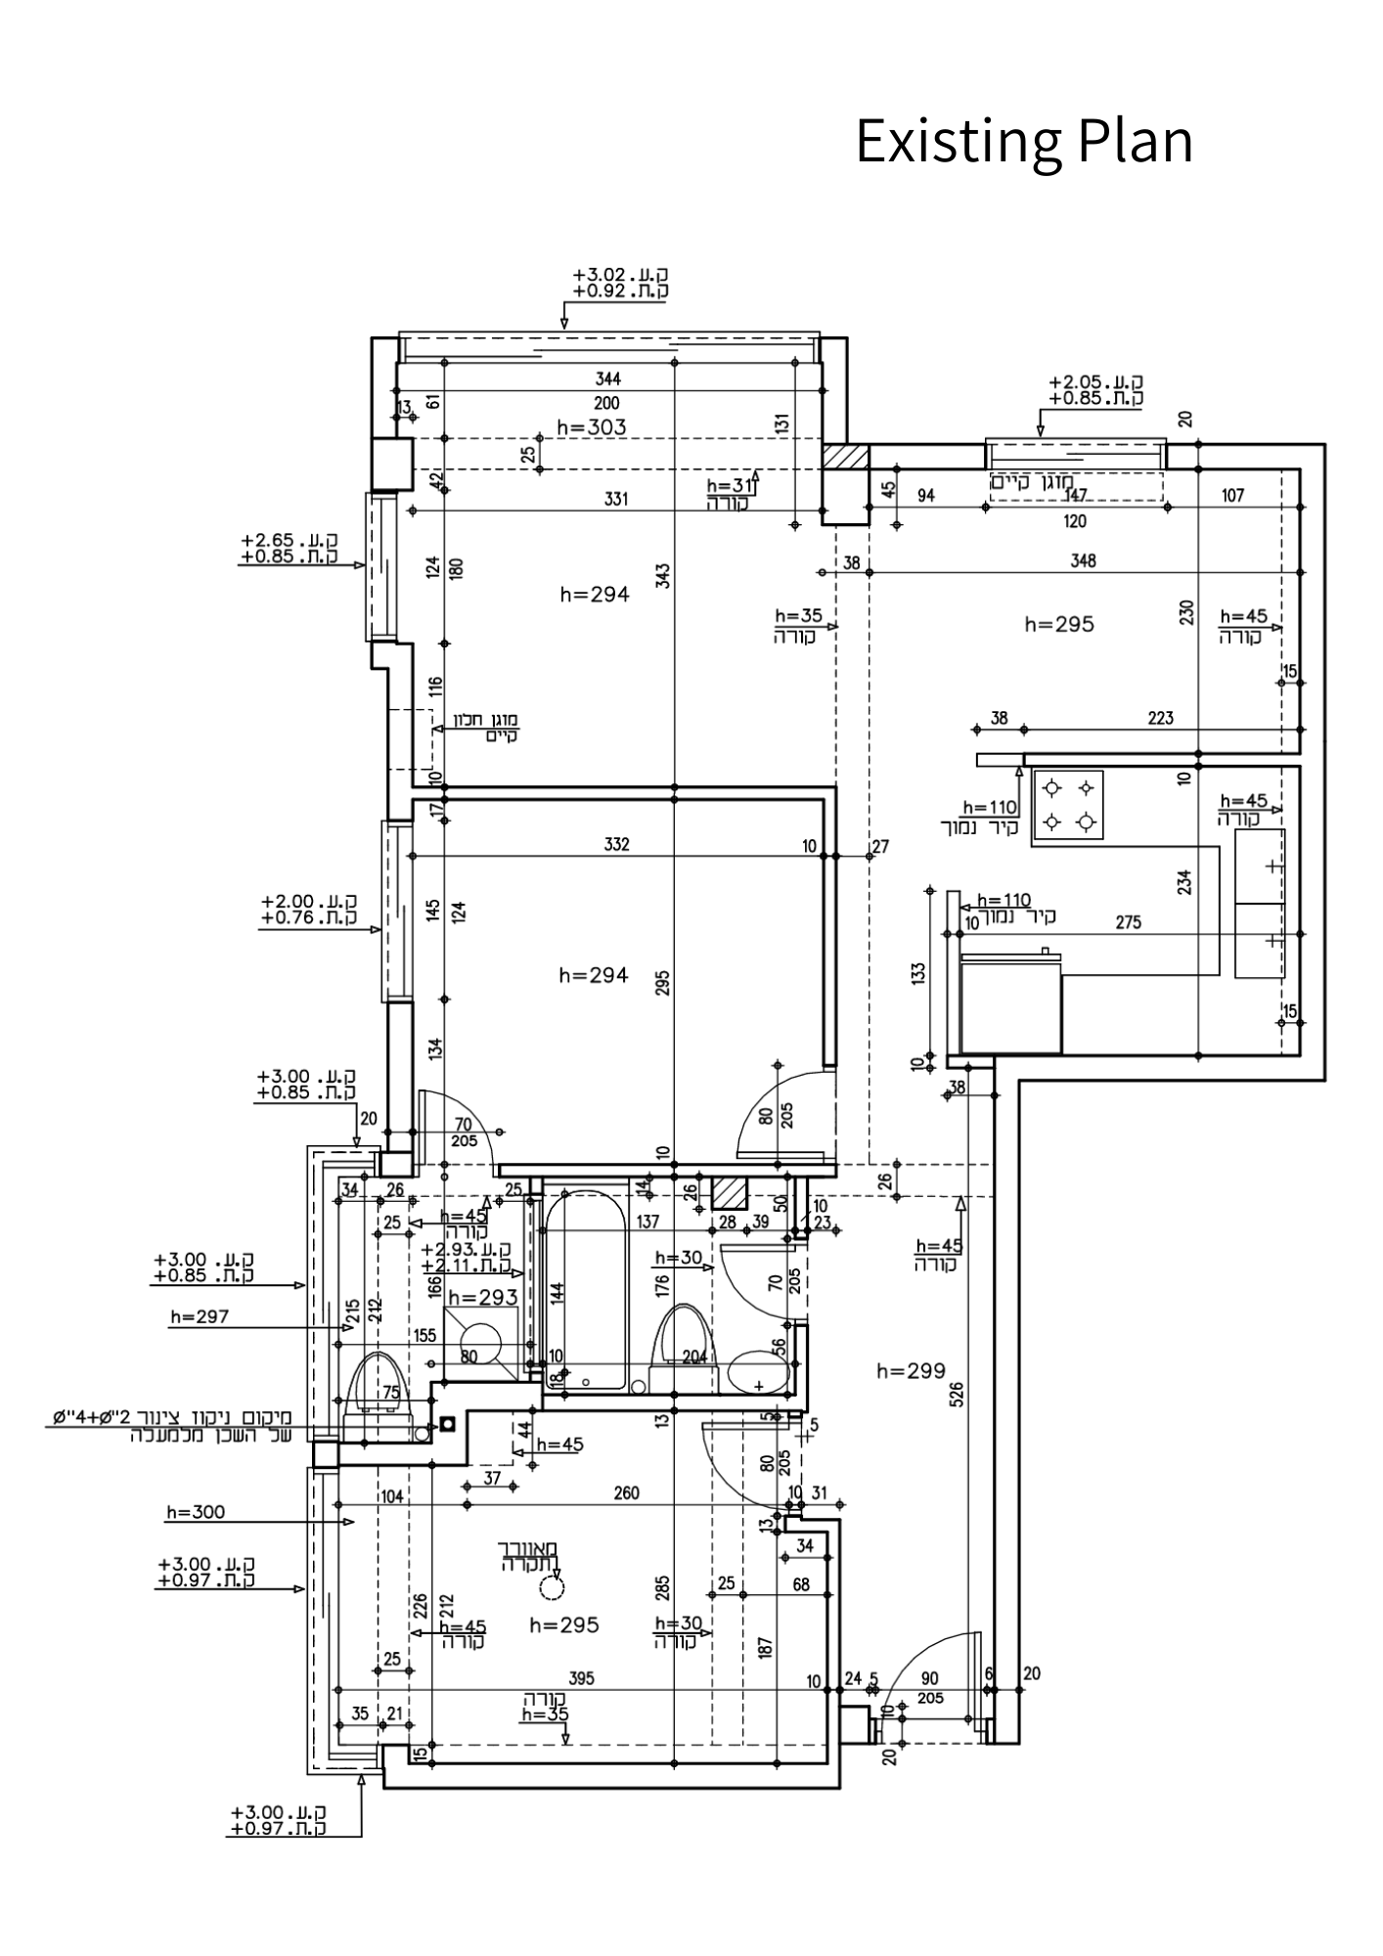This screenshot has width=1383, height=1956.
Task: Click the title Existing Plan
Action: coord(1024,141)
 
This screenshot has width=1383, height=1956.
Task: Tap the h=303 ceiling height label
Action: coord(591,427)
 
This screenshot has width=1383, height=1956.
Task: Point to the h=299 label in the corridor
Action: coord(911,1371)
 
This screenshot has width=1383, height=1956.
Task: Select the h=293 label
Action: coord(482,1298)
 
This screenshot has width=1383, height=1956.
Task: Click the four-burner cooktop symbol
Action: coord(1067,805)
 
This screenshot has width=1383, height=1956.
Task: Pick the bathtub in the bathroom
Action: coord(585,1289)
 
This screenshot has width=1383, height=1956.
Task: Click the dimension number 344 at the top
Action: coord(607,379)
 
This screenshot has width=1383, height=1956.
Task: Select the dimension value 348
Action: coord(1083,561)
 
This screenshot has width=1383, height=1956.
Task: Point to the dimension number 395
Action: coord(581,1679)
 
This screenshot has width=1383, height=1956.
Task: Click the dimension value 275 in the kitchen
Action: coord(1128,922)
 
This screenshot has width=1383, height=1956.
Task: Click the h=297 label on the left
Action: coord(200,1317)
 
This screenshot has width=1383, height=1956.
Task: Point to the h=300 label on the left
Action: coord(196,1513)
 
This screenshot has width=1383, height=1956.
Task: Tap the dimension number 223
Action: coord(1160,719)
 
